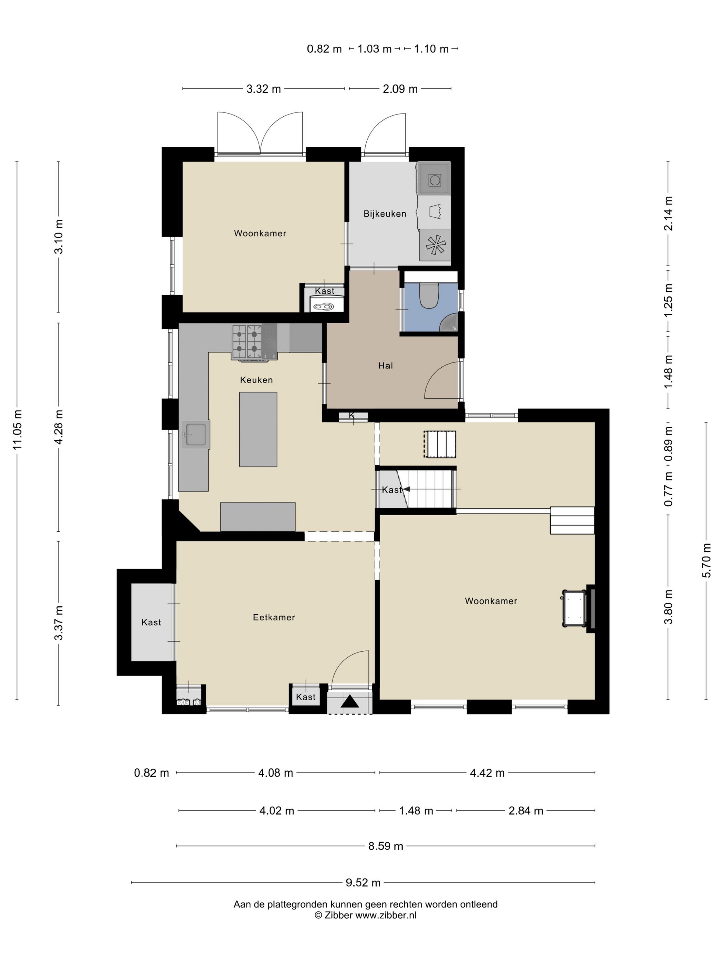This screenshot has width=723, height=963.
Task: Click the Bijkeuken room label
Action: click(x=384, y=214)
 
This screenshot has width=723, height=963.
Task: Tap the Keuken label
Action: click(x=256, y=380)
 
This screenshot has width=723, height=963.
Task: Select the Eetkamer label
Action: click(x=274, y=617)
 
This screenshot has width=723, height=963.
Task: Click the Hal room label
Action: click(x=385, y=366)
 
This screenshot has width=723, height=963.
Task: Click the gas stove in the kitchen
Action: click(x=254, y=343)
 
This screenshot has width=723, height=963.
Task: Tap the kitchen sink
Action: click(x=196, y=434)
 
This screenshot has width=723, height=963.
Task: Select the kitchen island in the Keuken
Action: click(x=258, y=429)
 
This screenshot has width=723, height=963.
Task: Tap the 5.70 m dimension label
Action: click(x=706, y=560)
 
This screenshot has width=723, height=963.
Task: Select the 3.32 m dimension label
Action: click(x=263, y=89)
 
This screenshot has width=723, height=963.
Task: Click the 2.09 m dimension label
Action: click(x=400, y=89)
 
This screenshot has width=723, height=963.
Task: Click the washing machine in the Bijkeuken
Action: click(x=434, y=178)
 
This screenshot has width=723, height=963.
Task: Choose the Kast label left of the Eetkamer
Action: click(x=151, y=623)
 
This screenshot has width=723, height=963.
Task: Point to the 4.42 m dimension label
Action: click(x=487, y=773)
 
